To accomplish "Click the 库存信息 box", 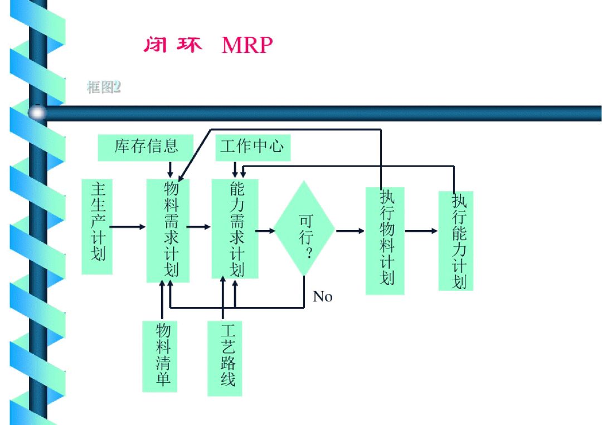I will (x=145, y=147).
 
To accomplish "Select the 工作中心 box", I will (x=252, y=147).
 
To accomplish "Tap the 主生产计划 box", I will (x=97, y=226).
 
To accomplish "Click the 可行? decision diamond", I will (x=305, y=228).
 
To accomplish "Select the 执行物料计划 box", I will (x=385, y=241).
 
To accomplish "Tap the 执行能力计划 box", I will (x=455, y=241).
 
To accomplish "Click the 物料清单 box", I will (x=160, y=356).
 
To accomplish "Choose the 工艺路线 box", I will (x=225, y=358).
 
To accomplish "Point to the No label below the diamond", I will (x=323, y=296).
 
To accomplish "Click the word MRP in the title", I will (x=247, y=45).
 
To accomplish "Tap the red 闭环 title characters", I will (x=172, y=45).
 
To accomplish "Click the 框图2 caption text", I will (x=104, y=87).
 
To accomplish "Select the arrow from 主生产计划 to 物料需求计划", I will (x=128, y=227).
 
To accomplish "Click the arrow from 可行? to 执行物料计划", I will (x=350, y=230).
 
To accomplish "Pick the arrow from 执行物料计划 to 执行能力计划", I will (x=421, y=231).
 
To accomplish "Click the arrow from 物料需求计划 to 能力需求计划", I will (x=199, y=227).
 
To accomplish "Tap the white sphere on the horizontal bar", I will (x=37, y=113).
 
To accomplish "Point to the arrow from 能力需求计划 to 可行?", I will (x=265, y=229).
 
